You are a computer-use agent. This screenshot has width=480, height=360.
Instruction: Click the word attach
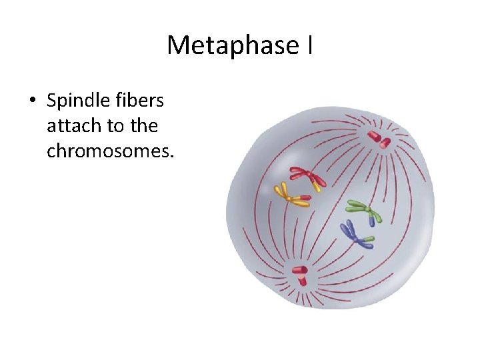(x=73, y=126)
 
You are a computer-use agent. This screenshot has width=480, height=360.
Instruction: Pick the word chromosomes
(x=110, y=151)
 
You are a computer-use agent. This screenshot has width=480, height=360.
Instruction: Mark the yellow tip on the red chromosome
(x=317, y=187)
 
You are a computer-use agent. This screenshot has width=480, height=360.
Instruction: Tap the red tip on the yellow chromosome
(x=305, y=197)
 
